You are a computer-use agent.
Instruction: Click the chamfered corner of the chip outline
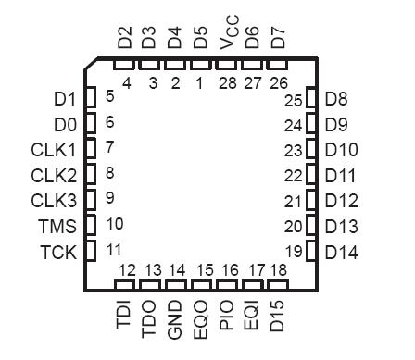click(93, 67)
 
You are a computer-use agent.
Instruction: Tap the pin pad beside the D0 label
click(90, 123)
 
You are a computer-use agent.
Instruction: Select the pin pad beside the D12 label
click(314, 199)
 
